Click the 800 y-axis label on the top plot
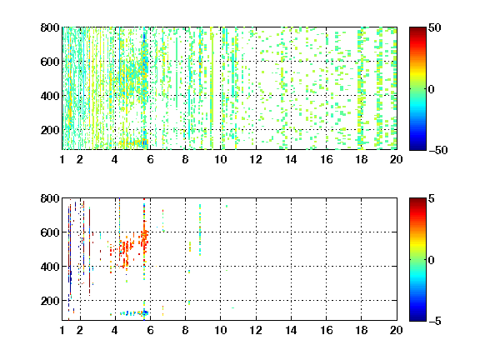pos(50,27)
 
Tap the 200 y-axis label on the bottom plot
pos(50,301)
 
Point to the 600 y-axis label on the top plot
pos(50,62)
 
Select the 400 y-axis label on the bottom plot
pos(50,267)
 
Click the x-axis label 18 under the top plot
pos(361,159)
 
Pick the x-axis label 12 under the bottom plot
pos(256,330)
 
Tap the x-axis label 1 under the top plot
pos(62,159)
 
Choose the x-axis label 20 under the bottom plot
pos(396,330)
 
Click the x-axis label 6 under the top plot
pos(150,159)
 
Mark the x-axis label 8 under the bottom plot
pos(185,330)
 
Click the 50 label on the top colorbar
pos(434,27)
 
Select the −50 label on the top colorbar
pos(437,150)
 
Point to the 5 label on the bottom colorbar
pos(432,198)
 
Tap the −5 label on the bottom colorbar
pos(435,321)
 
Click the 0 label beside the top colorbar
pos(432,89)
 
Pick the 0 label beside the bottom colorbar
pos(432,260)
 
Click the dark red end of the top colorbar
pos(417,30)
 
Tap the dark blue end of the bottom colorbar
pos(417,318)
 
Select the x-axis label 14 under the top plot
pos(291,159)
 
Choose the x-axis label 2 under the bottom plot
pos(80,330)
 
